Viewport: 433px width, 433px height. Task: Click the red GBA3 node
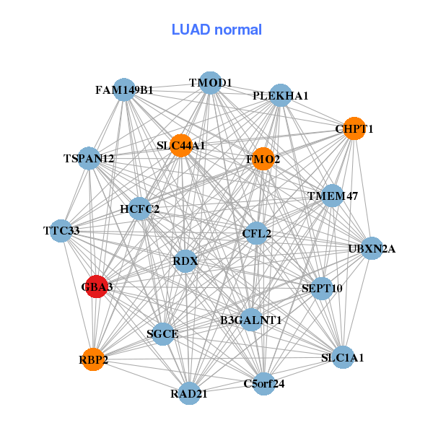pyautogui.click(x=97, y=287)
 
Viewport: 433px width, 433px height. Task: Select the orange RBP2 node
pyautogui.click(x=93, y=359)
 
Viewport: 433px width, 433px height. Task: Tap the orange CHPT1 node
pyautogui.click(x=353, y=128)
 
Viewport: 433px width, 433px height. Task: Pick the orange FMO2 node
pyautogui.click(x=263, y=159)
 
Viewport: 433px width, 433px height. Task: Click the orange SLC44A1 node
pyautogui.click(x=180, y=146)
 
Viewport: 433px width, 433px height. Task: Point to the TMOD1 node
pyautogui.click(x=210, y=83)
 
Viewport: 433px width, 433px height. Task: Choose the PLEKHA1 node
pyautogui.click(x=280, y=95)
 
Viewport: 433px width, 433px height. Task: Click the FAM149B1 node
pyautogui.click(x=124, y=89)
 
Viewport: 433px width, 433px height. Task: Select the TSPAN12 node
pyautogui.click(x=89, y=158)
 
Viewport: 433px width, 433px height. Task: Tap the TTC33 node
pyautogui.click(x=61, y=231)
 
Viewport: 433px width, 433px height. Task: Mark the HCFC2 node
pyautogui.click(x=139, y=209)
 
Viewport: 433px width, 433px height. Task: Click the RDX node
pyautogui.click(x=185, y=261)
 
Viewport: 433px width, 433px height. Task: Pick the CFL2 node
pyautogui.click(x=256, y=233)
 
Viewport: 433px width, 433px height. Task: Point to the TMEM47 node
pyautogui.click(x=332, y=196)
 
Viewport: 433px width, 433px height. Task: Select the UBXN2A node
pyautogui.click(x=372, y=249)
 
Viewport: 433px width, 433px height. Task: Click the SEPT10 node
pyautogui.click(x=322, y=288)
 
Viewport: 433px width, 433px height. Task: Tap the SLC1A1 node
pyautogui.click(x=342, y=357)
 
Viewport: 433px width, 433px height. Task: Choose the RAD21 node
pyautogui.click(x=189, y=393)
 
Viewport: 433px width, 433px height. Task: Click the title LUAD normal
pyautogui.click(x=216, y=30)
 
